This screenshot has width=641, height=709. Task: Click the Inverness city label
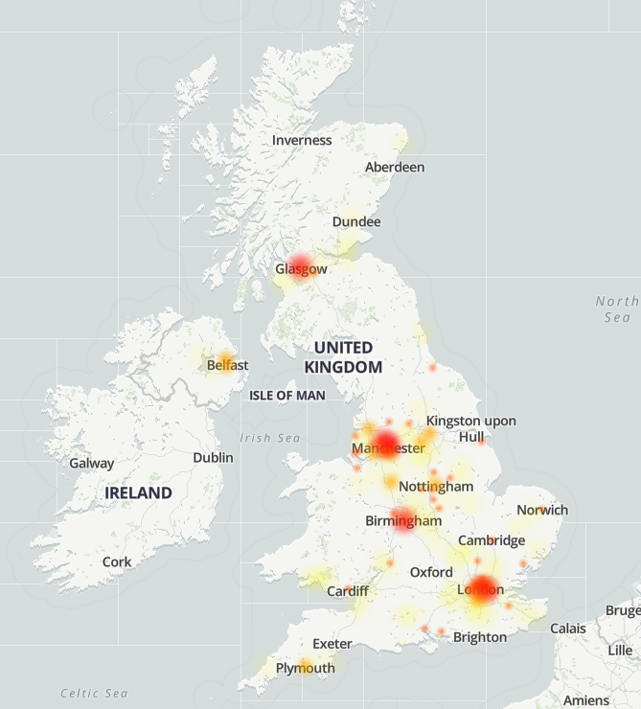click(x=302, y=140)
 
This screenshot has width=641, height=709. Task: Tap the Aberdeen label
click(x=395, y=167)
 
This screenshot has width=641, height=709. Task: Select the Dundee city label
click(x=356, y=221)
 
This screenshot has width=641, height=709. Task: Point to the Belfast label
click(x=227, y=365)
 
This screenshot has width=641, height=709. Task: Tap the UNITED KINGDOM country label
click(x=343, y=357)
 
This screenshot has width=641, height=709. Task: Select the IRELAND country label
click(x=138, y=493)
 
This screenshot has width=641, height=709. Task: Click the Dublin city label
click(x=213, y=457)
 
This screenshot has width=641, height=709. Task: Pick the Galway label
click(x=92, y=463)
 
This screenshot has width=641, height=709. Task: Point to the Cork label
click(x=117, y=561)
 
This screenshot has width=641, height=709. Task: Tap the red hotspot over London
click(x=482, y=588)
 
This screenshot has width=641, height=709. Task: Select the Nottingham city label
click(x=436, y=486)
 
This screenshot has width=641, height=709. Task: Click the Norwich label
click(x=542, y=510)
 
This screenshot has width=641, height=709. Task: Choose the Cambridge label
click(x=492, y=540)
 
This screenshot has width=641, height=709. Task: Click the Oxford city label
click(x=431, y=572)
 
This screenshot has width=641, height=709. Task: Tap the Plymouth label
click(x=306, y=668)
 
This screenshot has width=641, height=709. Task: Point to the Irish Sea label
click(x=270, y=438)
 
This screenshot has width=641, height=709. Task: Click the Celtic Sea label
click(x=94, y=693)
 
